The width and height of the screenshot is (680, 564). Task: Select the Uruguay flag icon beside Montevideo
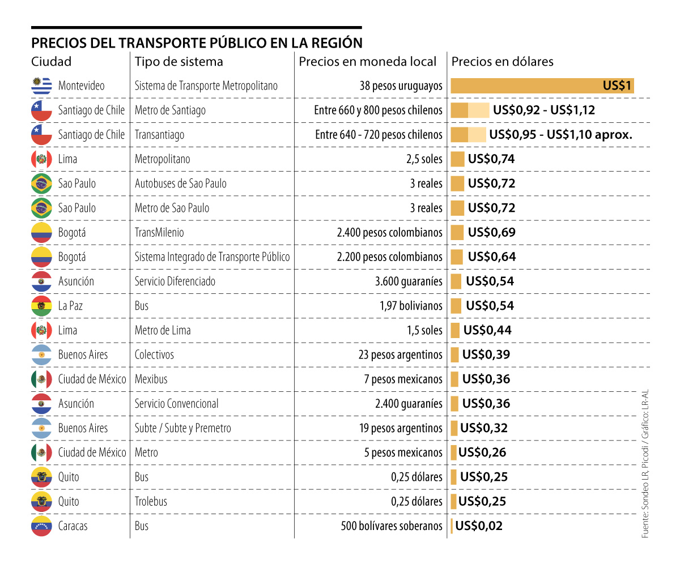[41, 86]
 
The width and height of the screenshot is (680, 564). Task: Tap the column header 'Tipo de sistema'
[178, 62]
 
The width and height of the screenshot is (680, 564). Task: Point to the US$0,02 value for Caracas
[479, 526]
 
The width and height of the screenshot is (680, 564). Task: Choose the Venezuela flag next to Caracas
[41, 526]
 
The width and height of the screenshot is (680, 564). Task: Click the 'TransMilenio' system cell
[159, 233]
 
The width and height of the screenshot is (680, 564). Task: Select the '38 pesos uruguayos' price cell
[401, 86]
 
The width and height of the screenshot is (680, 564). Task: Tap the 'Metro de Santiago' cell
[170, 110]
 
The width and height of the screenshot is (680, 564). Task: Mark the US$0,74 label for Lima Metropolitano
[491, 159]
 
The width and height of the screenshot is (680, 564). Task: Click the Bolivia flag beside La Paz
[41, 306]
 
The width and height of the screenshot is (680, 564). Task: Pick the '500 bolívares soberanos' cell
[391, 526]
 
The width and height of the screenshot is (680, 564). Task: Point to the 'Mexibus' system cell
[151, 379]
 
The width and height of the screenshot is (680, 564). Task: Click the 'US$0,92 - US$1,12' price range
[544, 110]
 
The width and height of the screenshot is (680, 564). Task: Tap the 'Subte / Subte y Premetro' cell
[182, 428]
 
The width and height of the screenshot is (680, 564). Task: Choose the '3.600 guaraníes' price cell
[409, 281]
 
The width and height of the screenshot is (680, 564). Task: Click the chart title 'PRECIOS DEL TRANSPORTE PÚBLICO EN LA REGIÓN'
[197, 44]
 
